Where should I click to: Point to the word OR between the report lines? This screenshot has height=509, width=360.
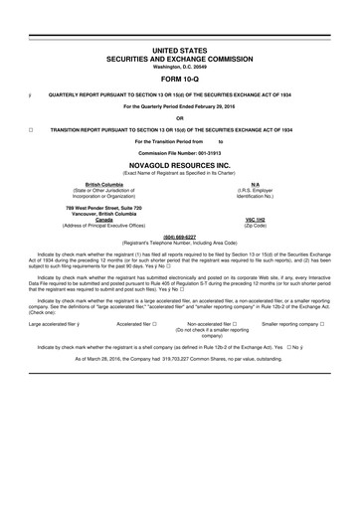[x=180, y=116]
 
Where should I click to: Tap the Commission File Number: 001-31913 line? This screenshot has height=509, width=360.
[x=180, y=154]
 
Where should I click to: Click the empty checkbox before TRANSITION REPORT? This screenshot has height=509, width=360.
[x=31, y=129]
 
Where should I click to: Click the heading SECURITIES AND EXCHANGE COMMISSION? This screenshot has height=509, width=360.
[x=180, y=57]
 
